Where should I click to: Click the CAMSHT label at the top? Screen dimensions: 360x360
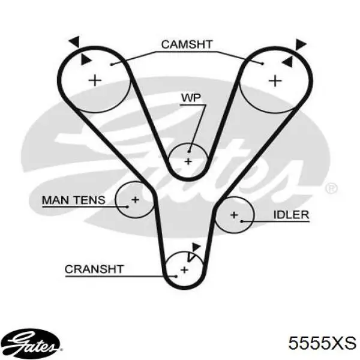[x=187, y=44]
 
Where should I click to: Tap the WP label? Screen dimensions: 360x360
[x=191, y=98]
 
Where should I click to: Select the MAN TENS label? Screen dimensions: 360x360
[x=74, y=200]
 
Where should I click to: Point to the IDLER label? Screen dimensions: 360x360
[x=291, y=215]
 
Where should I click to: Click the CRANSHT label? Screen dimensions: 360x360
[x=94, y=269]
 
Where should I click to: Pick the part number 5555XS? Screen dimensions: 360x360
[x=322, y=343]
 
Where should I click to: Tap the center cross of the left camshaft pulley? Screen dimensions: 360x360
[x=95, y=80]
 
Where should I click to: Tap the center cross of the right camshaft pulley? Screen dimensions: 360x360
[x=275, y=81]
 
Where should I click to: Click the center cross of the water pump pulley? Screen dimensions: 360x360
[x=188, y=161]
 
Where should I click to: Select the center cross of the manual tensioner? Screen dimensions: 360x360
[x=135, y=200]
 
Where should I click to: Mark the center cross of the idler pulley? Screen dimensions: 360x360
[x=234, y=215]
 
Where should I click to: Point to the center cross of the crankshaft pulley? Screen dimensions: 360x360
[x=184, y=270]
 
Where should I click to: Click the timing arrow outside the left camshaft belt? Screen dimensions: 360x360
[x=75, y=41]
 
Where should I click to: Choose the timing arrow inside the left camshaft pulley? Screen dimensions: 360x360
[x=85, y=59]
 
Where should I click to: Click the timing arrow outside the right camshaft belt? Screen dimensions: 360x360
[x=301, y=44]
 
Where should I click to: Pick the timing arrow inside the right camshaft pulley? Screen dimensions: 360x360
[x=287, y=62]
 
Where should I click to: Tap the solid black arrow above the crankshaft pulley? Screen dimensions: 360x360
[x=196, y=247]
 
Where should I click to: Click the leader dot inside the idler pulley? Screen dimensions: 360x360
[x=242, y=221]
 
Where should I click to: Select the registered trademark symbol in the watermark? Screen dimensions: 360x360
[x=331, y=189]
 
